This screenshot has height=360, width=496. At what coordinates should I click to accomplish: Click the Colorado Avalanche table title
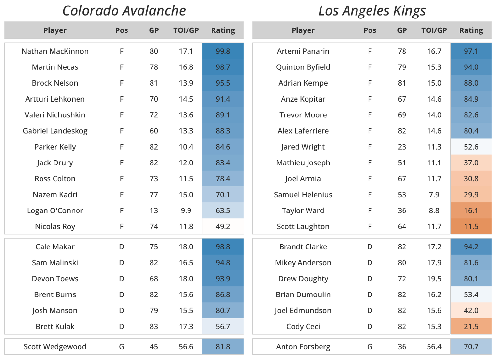(x=124, y=11)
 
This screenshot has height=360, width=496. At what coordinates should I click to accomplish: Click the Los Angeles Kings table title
(x=372, y=11)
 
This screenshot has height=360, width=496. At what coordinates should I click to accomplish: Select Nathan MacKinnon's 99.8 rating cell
(x=223, y=51)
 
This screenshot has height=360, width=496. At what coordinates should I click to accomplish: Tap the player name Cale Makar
(x=55, y=247)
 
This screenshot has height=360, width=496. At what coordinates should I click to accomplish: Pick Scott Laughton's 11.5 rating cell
(x=471, y=227)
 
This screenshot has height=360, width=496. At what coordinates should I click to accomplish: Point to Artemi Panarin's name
(x=303, y=51)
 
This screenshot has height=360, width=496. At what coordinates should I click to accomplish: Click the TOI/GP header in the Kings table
(x=434, y=30)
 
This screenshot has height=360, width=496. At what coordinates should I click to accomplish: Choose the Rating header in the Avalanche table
(x=223, y=30)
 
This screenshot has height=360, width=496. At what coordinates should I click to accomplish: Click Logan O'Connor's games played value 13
(x=154, y=211)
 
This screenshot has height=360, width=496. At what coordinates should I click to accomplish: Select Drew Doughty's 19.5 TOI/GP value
(x=434, y=279)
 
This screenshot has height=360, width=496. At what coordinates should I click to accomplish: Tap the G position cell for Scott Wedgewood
(x=122, y=347)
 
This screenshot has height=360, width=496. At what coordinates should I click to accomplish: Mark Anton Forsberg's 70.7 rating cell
(x=471, y=347)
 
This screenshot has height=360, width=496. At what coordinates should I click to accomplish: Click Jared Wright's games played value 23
(x=402, y=147)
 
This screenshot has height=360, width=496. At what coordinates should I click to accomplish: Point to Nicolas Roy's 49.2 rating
(x=223, y=227)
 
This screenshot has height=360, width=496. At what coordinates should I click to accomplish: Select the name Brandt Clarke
(x=303, y=247)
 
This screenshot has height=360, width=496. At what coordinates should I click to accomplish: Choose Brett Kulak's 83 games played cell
(x=154, y=327)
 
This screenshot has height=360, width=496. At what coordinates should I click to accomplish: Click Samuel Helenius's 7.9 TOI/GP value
(x=434, y=195)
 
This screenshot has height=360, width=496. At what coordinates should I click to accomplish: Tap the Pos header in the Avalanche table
(x=122, y=30)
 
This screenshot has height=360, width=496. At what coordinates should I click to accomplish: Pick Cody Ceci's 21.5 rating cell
(x=471, y=327)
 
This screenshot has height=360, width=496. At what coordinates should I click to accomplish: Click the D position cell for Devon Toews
(x=122, y=279)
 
